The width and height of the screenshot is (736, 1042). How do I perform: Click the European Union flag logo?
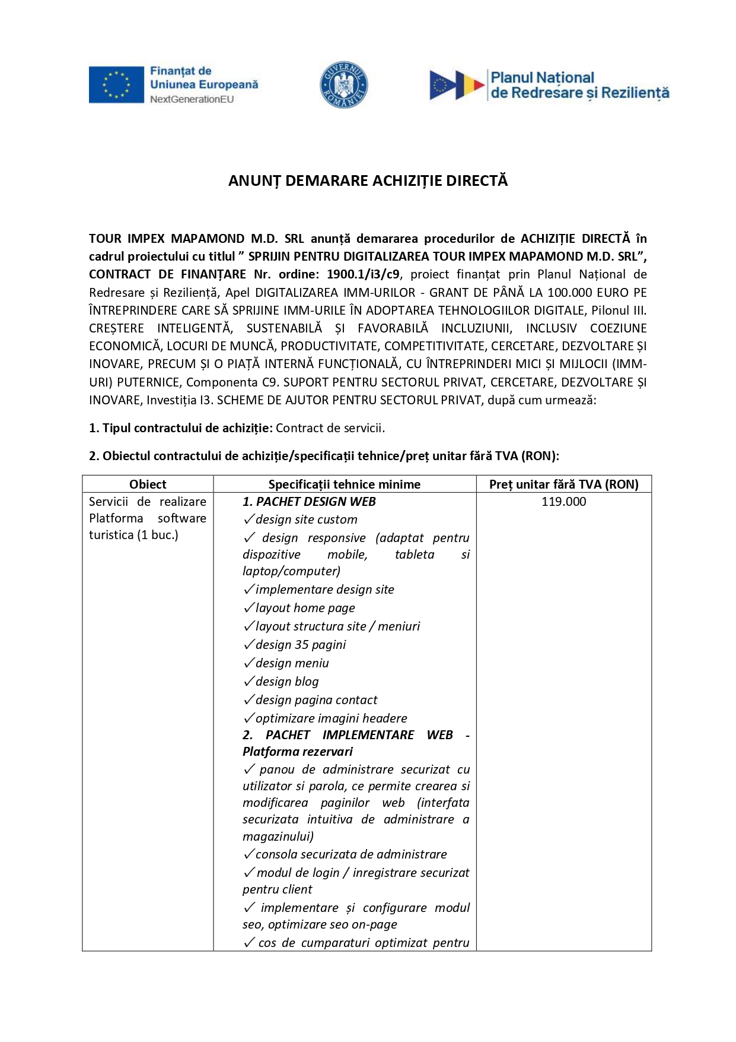[x=116, y=84]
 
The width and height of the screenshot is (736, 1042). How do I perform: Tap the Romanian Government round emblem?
[x=344, y=85]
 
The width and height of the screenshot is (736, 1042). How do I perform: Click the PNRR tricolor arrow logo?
[x=457, y=85]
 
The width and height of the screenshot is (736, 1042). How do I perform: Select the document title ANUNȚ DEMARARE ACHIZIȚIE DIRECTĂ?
[x=368, y=181]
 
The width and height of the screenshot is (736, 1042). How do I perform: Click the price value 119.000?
[x=563, y=502]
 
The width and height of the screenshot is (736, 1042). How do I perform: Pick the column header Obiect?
[x=148, y=484]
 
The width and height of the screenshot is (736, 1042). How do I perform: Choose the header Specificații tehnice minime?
[x=344, y=484]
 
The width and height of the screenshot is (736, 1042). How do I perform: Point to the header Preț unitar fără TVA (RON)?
[x=563, y=484]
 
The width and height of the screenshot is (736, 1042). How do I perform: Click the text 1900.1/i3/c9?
[x=364, y=274]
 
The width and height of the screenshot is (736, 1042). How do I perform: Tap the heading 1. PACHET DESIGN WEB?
[x=309, y=502]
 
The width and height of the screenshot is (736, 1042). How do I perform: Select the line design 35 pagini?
[x=300, y=645]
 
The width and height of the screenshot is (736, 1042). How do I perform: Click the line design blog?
[x=287, y=682]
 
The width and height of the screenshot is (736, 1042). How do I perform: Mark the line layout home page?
[x=305, y=608]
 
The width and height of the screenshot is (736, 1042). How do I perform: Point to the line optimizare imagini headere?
[x=331, y=718]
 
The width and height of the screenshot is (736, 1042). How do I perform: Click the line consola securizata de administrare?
[x=351, y=854]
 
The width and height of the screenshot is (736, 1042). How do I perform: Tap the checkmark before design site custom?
[x=248, y=520]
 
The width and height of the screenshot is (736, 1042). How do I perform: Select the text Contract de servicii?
[x=330, y=428]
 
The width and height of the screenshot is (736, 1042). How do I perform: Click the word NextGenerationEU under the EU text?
[x=192, y=100]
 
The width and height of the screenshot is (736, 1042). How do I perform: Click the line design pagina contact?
[x=316, y=700]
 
